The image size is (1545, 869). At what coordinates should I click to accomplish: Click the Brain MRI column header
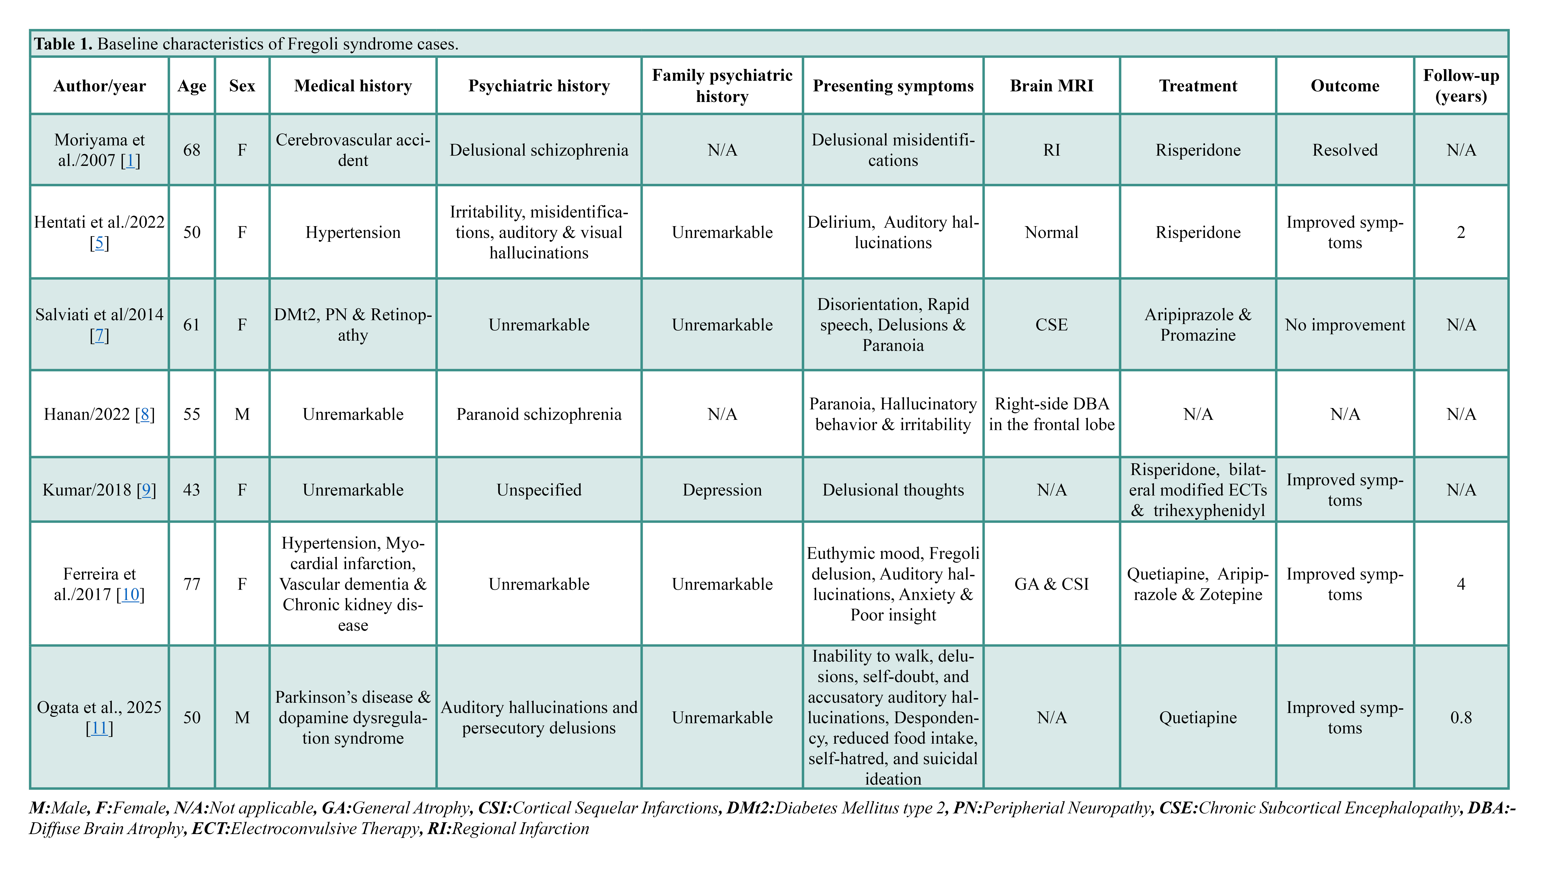[1051, 86]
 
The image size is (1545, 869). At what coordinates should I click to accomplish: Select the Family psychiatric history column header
[722, 86]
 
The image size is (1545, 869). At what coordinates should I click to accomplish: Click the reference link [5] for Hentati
[100, 243]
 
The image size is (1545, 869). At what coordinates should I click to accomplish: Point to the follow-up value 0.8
[1461, 717]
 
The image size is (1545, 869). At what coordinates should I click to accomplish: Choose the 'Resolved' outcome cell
[1345, 150]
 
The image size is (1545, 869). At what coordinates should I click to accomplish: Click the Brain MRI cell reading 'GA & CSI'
[1051, 584]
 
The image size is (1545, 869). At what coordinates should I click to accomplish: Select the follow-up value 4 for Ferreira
[1461, 584]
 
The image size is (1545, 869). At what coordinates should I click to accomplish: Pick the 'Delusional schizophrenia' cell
[539, 150]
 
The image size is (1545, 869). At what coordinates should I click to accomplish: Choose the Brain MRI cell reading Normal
[1051, 232]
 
